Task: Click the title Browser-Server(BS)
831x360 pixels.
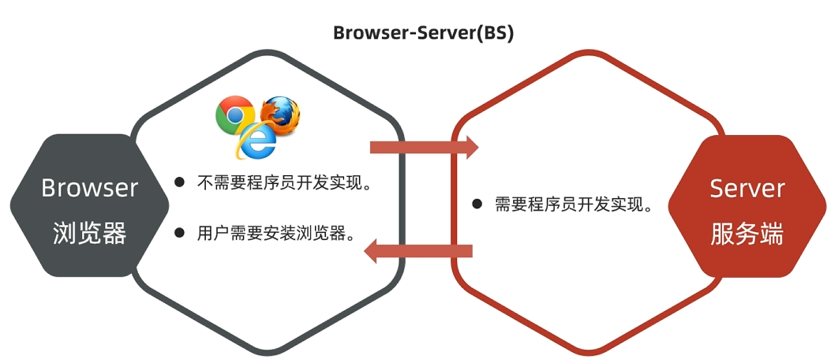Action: (x=423, y=33)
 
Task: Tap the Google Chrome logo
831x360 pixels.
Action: (x=234, y=114)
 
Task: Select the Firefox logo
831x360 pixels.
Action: (x=280, y=113)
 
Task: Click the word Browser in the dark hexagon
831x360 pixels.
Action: (x=89, y=188)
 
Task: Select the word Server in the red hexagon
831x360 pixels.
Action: (x=747, y=188)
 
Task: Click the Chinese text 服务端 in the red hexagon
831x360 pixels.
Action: (x=747, y=233)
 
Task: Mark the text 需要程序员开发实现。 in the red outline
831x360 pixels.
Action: (x=573, y=204)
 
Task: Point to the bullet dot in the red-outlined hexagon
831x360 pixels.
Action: (x=477, y=204)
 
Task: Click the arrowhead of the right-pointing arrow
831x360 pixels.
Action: (x=471, y=147)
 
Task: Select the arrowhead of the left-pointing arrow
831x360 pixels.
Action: (x=372, y=251)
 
